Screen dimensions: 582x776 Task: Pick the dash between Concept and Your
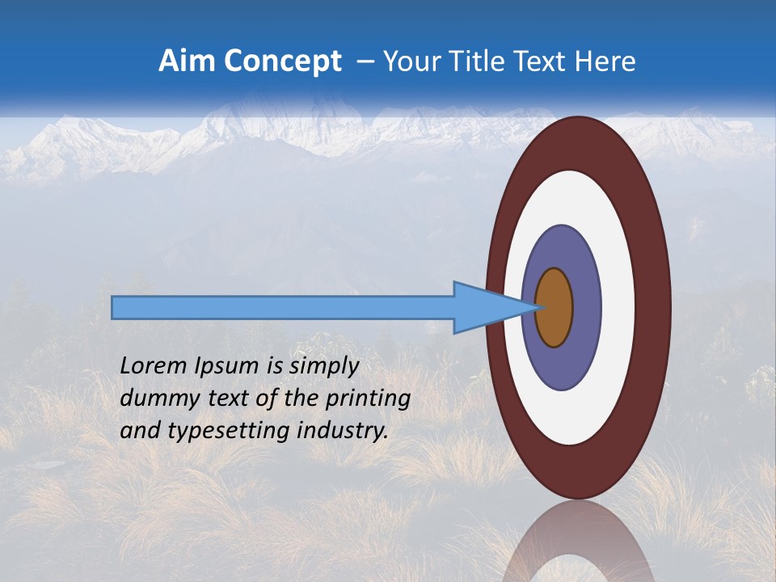click(x=365, y=62)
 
